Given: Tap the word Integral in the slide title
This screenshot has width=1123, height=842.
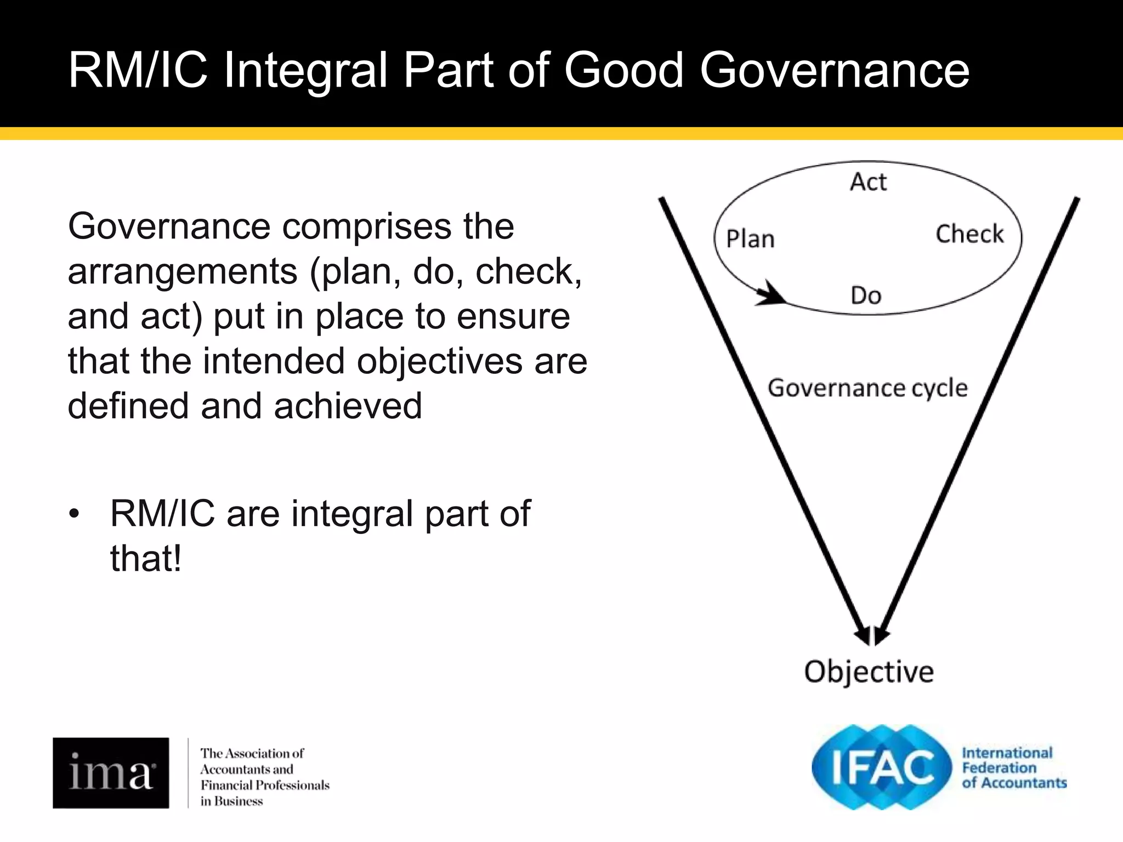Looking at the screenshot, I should (x=306, y=71).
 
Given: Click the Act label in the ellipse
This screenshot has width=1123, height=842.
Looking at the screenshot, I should (x=868, y=182).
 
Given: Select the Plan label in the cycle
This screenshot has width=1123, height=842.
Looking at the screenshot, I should (x=750, y=239).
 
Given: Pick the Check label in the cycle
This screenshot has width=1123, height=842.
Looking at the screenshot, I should (x=969, y=234).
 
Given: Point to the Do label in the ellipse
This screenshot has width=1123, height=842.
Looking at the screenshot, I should (x=866, y=295).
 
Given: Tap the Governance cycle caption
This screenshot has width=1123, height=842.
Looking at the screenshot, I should (x=867, y=388).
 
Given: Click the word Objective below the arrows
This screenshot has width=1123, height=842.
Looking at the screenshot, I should (x=869, y=672).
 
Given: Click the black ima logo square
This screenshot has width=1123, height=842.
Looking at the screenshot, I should (x=111, y=772).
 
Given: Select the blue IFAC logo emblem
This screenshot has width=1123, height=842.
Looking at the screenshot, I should (x=882, y=767).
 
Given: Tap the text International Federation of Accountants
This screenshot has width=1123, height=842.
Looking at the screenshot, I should (x=1013, y=768).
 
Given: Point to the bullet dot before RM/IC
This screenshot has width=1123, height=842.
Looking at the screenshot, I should (x=74, y=514).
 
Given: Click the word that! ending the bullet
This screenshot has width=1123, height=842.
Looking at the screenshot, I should (x=146, y=559).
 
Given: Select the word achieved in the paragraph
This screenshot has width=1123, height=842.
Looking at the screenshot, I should (x=348, y=406).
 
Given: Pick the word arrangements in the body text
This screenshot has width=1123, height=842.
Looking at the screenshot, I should (x=183, y=271).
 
